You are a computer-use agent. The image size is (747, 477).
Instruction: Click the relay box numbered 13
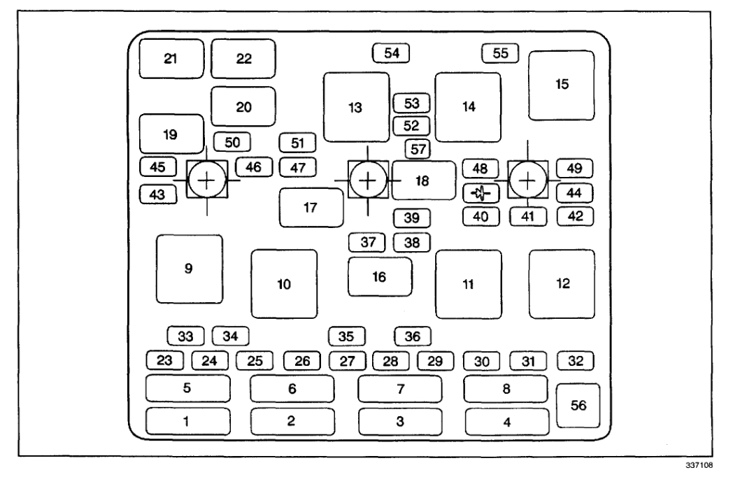tap(356, 107)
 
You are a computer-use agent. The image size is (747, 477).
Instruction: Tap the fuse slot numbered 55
tap(500, 52)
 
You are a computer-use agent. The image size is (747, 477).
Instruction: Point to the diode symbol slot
tap(481, 192)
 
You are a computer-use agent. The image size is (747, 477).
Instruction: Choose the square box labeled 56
tap(578, 406)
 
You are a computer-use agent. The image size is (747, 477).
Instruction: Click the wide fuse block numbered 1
tap(187, 421)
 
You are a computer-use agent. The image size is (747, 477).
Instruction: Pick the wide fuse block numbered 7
tap(400, 389)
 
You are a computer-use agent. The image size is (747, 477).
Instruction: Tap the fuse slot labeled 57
tap(418, 148)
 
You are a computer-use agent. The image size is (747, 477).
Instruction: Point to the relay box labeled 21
tap(171, 59)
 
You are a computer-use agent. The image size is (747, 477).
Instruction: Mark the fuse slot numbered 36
tap(413, 336)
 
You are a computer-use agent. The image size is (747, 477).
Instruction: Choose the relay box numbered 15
tap(561, 85)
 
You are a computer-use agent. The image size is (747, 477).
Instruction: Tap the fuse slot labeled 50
tap(232, 142)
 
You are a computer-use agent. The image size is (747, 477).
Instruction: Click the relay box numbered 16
tap(380, 276)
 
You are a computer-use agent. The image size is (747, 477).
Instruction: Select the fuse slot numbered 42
tap(575, 216)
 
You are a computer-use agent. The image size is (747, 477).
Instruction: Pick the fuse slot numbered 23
tap(164, 362)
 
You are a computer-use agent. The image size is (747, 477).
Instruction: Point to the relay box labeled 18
tap(423, 180)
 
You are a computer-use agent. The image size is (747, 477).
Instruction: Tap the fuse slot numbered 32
tap(575, 361)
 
